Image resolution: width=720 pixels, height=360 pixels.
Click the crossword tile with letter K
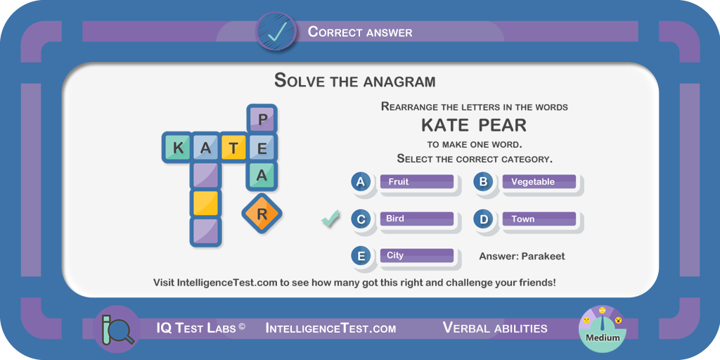pyautogui.click(x=177, y=148)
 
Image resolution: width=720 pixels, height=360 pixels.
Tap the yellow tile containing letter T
pyautogui.click(x=233, y=148)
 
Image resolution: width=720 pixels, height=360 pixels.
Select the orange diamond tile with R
pyautogui.click(x=262, y=214)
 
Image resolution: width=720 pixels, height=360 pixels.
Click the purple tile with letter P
pyautogui.click(x=262, y=120)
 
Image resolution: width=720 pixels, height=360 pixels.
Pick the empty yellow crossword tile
pyautogui.click(x=206, y=203)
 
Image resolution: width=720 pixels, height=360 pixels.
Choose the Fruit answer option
pyautogui.click(x=417, y=182)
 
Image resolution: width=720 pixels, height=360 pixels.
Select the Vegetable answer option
pyautogui.click(x=539, y=182)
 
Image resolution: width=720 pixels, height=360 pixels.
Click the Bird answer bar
pyautogui.click(x=417, y=219)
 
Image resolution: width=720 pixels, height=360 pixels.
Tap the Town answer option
pyautogui.click(x=539, y=219)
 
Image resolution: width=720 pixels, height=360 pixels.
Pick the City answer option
pyautogui.click(x=417, y=256)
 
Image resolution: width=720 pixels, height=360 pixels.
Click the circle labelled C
pyautogui.click(x=361, y=219)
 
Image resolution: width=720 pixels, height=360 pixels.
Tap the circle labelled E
pyautogui.click(x=361, y=256)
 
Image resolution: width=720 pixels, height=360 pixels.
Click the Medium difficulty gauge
pyautogui.click(x=603, y=328)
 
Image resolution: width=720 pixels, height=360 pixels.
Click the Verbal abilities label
pyautogui.click(x=495, y=328)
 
